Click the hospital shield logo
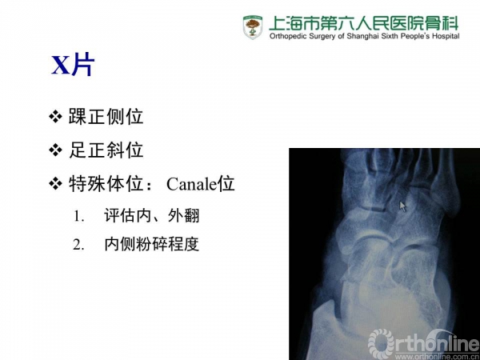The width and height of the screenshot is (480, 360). pyautogui.click(x=253, y=27)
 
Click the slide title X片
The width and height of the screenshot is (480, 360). pyautogui.click(x=73, y=66)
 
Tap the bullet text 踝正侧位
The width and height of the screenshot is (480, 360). pyautogui.click(x=106, y=117)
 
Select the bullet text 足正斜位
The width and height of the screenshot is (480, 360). pyautogui.click(x=106, y=150)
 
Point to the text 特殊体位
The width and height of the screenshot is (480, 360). pyautogui.click(x=106, y=184)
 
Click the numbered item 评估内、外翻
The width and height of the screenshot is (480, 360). pyautogui.click(x=152, y=215)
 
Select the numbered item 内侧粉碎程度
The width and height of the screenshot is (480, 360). pyautogui.click(x=152, y=244)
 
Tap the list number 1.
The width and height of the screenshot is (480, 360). pyautogui.click(x=78, y=216)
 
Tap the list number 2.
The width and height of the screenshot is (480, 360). pyautogui.click(x=78, y=245)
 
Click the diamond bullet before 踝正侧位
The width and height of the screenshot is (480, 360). pyautogui.click(x=56, y=117)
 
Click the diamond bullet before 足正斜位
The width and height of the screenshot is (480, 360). pyautogui.click(x=56, y=150)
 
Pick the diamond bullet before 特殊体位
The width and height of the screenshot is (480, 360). pyautogui.click(x=56, y=184)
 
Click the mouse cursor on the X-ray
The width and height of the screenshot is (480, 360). pyautogui.click(x=402, y=206)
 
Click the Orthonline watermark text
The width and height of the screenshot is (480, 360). pyautogui.click(x=423, y=342)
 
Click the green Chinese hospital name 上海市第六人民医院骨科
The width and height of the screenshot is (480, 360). pyautogui.click(x=364, y=23)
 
